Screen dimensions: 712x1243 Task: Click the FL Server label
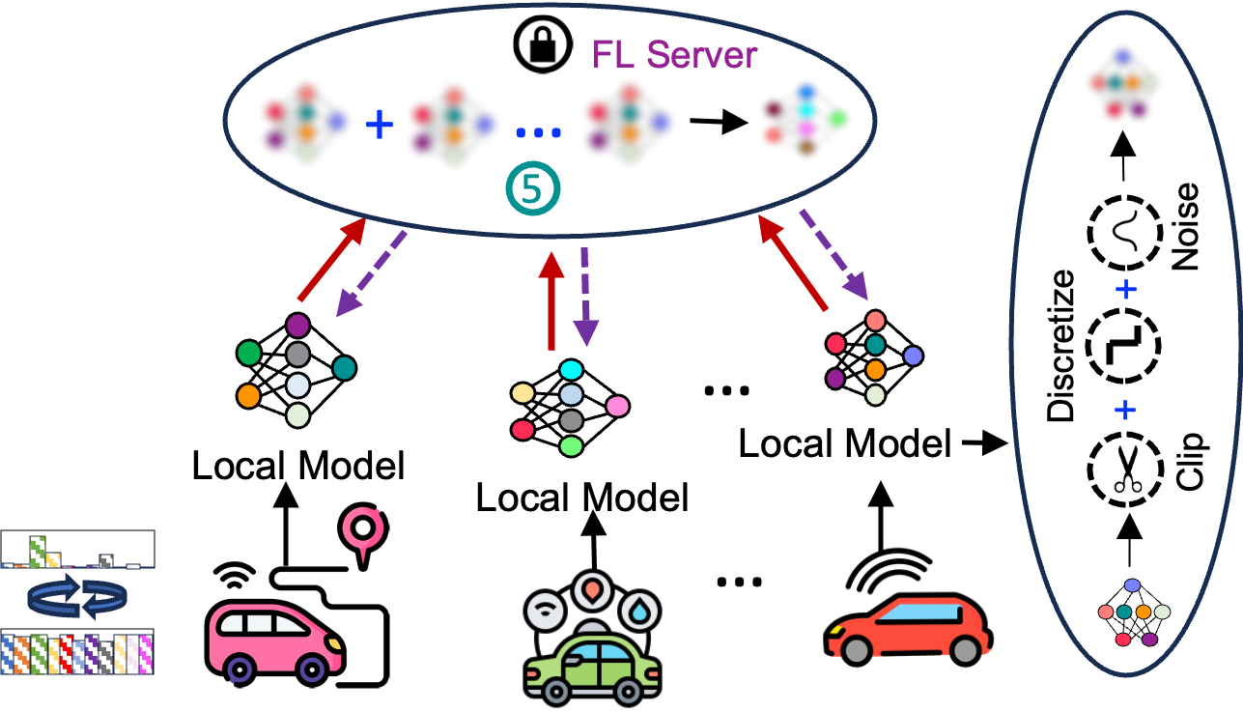coord(673,55)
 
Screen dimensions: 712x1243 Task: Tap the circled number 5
coord(532,188)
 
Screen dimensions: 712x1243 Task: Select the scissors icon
coord(1127,470)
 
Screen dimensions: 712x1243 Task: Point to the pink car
coord(274,641)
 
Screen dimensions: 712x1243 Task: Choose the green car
coord(592,668)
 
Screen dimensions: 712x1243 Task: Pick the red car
coord(909,628)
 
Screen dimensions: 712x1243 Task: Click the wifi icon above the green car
coord(546,611)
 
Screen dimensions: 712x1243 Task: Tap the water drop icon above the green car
coord(639,611)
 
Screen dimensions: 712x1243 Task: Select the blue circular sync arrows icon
coord(76,596)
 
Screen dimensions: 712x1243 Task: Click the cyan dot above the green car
coord(571,370)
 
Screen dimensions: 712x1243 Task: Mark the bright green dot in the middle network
coord(571,446)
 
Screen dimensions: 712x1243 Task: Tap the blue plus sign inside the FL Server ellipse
coord(380,124)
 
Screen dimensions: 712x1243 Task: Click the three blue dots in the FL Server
coord(538,132)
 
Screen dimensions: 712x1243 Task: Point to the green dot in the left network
coord(249,354)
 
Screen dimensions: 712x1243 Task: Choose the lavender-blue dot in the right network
coord(913,356)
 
